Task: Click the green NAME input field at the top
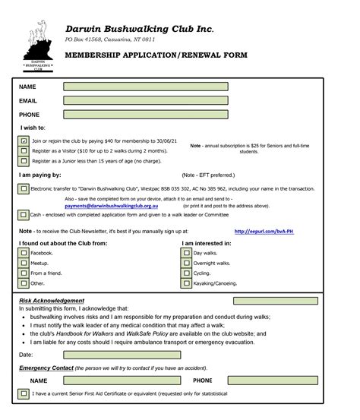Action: [146, 87]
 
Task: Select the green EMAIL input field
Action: [146, 100]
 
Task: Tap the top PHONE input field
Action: [146, 115]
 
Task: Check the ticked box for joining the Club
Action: [24, 141]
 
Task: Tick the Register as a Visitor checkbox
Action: [24, 151]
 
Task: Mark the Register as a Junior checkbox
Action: [24, 161]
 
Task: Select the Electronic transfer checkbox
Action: [24, 188]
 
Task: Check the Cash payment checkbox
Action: [24, 215]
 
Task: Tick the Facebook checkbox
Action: [24, 253]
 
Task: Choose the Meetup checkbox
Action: [24, 263]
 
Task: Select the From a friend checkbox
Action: [24, 273]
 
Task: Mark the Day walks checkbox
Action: [187, 253]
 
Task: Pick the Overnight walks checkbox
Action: [187, 263]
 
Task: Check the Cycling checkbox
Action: [187, 273]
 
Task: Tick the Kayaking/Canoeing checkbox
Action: [187, 283]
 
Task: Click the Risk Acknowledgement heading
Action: [52, 301]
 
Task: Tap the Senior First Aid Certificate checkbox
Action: [24, 394]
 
